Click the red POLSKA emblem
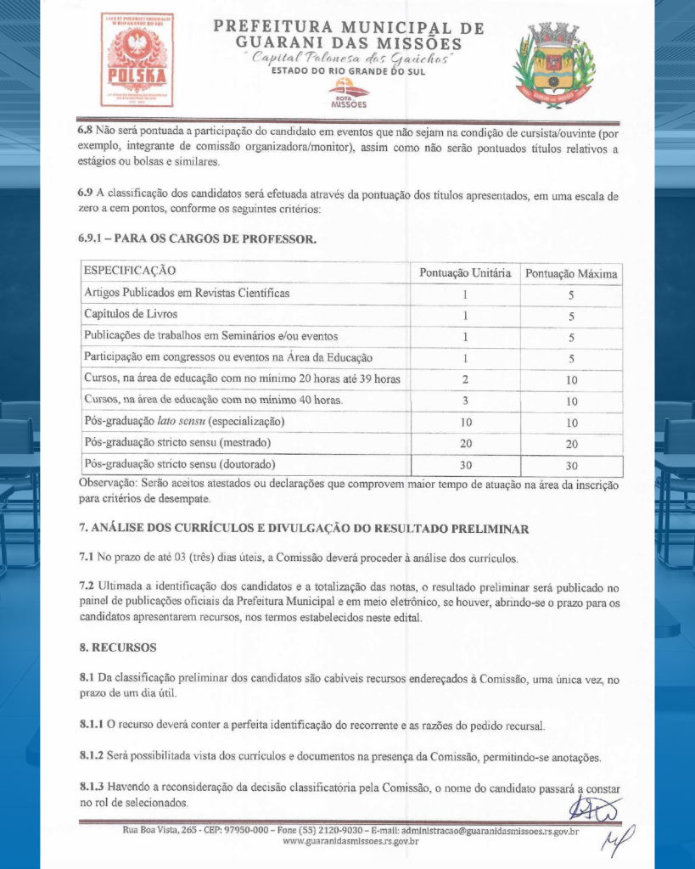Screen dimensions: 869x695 point(137,59)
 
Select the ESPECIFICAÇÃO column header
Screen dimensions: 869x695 point(129,271)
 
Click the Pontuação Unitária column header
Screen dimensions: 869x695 point(465,272)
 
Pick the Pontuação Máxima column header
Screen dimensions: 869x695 point(571,273)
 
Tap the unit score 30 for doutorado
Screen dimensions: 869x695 point(465,465)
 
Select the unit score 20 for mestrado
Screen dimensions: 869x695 point(465,443)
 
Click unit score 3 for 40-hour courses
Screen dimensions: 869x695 point(465,400)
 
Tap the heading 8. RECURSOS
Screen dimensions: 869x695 point(117,647)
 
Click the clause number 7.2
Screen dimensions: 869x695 point(87,586)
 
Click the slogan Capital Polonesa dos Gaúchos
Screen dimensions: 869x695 point(348,58)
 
